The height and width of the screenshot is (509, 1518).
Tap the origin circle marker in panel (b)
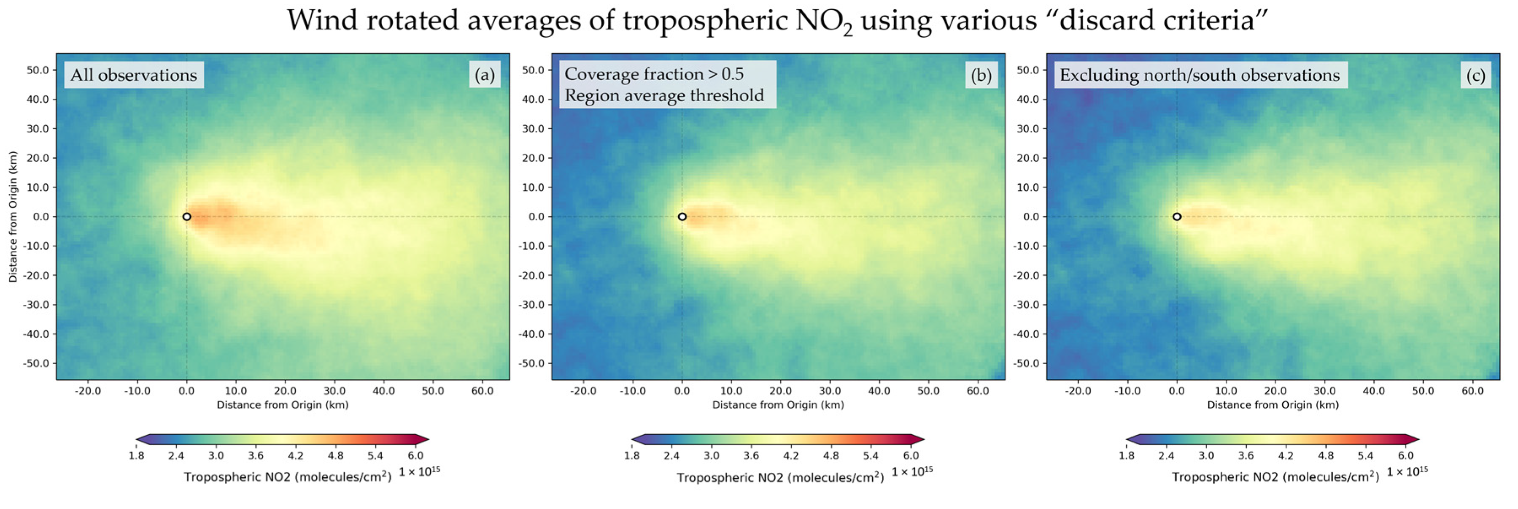[682, 217]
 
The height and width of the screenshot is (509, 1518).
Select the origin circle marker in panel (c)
[1177, 217]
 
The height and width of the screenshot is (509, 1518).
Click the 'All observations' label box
[134, 75]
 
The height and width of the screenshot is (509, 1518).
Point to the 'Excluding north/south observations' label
[1200, 75]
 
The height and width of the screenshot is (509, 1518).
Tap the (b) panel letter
[981, 75]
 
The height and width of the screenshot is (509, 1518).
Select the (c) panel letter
[1475, 75]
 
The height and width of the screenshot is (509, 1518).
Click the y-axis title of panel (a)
[13, 217]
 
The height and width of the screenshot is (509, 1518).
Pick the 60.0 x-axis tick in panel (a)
[482, 390]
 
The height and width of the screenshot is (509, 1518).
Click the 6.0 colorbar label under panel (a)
[415, 455]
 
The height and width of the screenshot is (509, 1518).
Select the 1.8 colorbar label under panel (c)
[1127, 455]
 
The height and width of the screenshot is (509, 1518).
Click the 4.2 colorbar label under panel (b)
[791, 455]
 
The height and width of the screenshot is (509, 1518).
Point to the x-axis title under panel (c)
[1273, 405]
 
